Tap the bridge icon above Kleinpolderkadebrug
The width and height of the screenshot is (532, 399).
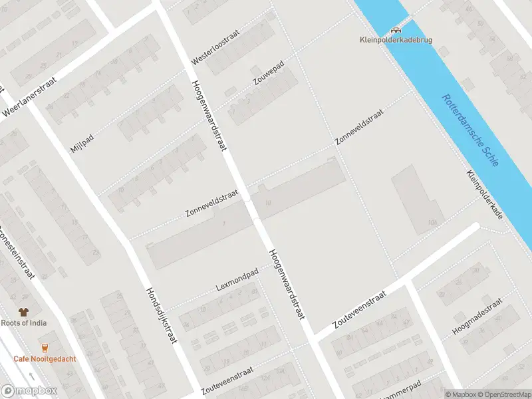[396, 29]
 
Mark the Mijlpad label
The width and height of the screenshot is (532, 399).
[83, 141]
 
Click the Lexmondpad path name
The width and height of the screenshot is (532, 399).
[236, 282]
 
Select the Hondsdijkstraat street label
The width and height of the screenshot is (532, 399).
[162, 315]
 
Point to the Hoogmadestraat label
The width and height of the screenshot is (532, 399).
[475, 317]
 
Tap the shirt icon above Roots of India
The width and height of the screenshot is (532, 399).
[24, 312]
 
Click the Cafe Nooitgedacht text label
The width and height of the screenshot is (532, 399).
[45, 359]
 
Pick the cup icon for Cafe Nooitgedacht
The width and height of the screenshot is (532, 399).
[45, 347]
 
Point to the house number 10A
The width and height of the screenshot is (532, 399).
[434, 222]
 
